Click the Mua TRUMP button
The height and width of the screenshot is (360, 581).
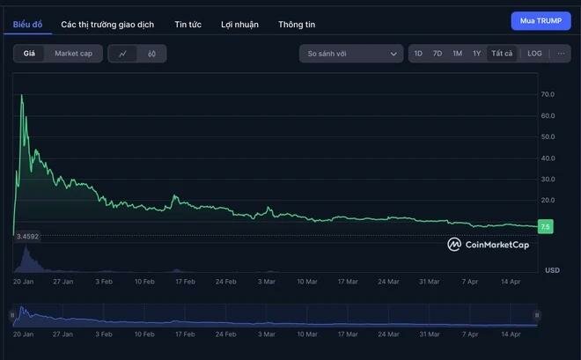(541, 21)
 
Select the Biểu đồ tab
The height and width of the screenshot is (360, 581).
(27, 25)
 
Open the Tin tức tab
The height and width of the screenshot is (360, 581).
(188, 25)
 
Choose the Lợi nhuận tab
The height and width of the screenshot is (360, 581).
(239, 25)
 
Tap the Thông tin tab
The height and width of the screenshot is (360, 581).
(297, 25)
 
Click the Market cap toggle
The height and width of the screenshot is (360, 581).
(73, 54)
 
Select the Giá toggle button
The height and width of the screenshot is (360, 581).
(29, 54)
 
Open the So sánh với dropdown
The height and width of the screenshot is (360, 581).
(350, 54)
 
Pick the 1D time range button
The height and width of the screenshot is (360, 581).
(418, 54)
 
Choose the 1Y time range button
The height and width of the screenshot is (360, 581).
(476, 54)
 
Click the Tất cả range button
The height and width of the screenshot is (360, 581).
(502, 54)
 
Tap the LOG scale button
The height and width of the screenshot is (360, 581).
(534, 54)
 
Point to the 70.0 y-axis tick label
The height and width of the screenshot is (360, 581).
(548, 94)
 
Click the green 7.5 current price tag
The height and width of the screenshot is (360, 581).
(546, 227)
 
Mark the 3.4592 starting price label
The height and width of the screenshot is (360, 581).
(28, 236)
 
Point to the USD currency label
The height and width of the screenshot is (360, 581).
(552, 269)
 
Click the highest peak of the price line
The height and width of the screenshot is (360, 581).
(21, 94)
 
